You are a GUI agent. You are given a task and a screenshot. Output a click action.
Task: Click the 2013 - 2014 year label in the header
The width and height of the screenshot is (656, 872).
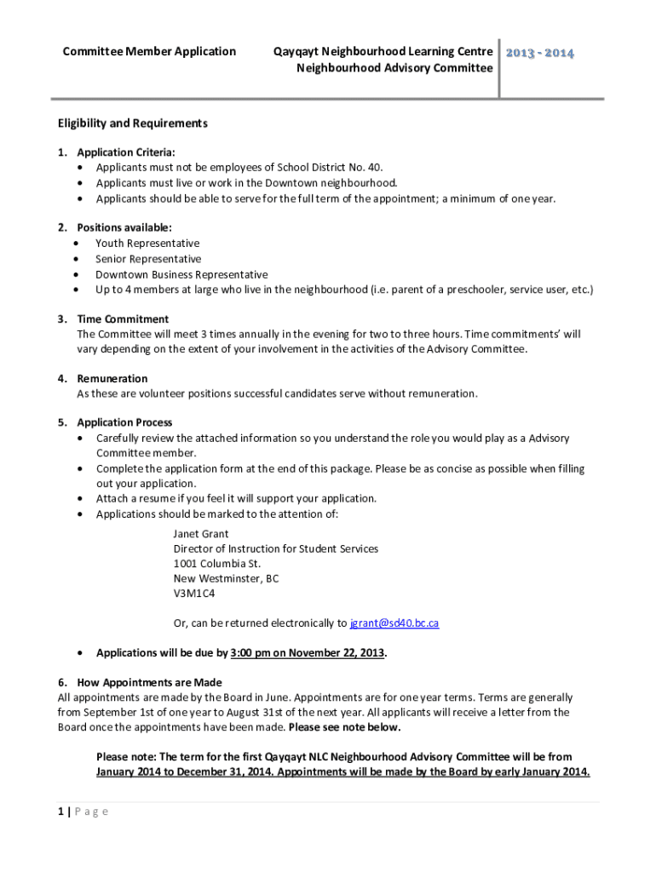coord(540,54)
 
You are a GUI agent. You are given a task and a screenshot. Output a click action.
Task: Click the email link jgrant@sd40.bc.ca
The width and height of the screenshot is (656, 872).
coord(394,623)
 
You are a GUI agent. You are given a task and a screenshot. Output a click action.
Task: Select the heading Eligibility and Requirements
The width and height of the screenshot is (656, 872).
coord(132,123)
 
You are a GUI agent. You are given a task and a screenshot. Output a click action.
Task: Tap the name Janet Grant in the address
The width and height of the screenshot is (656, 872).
coord(201,534)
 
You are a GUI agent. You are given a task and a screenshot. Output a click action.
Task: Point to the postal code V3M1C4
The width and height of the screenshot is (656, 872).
coord(194,594)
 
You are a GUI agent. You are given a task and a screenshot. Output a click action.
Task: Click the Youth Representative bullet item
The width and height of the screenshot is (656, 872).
coord(147,244)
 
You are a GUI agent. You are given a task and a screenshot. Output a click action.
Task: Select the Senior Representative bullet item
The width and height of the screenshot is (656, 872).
coord(148,259)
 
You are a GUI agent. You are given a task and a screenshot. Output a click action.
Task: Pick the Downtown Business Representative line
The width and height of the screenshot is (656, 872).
coord(181,274)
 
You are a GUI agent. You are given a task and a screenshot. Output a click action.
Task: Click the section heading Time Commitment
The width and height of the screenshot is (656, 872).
coord(124,319)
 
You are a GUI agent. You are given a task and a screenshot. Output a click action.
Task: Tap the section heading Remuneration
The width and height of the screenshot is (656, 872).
coord(112,378)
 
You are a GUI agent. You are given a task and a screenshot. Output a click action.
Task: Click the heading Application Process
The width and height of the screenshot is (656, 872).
coord(124,422)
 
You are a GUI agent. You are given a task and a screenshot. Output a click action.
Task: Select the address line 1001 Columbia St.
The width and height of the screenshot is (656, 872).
coord(217,564)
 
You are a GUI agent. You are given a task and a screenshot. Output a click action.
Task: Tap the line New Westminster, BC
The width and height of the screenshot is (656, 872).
coord(226,578)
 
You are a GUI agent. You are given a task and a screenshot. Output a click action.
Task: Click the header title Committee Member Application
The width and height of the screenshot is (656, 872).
coord(149,52)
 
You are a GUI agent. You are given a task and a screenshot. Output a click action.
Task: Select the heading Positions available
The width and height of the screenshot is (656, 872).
coord(124,227)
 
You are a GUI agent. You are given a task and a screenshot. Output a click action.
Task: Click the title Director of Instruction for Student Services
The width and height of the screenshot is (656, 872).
coord(276,548)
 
